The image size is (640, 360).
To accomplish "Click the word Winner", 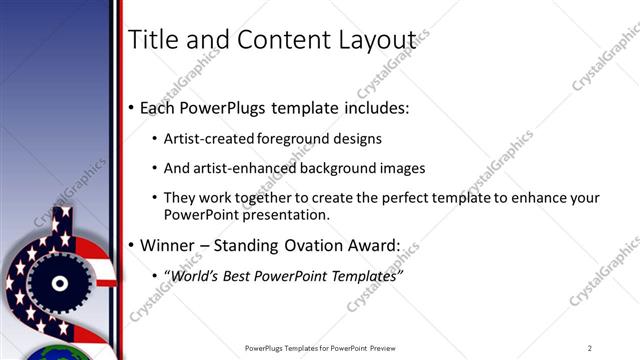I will click(x=171, y=245).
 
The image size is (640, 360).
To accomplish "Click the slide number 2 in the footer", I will click(x=590, y=348).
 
